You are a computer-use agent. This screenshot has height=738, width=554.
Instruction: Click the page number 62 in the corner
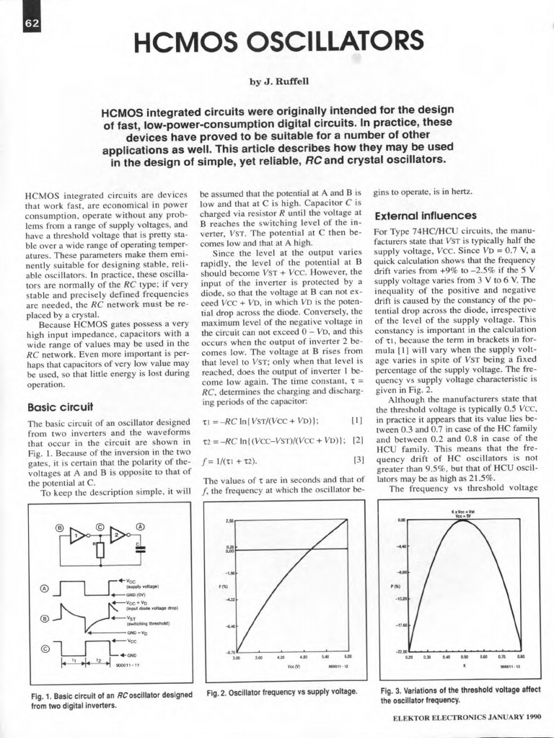click(x=31, y=24)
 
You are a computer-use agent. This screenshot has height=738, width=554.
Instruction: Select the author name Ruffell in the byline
click(x=292, y=81)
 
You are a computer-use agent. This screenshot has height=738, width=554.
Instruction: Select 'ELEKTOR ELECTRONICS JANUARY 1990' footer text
click(x=466, y=718)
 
